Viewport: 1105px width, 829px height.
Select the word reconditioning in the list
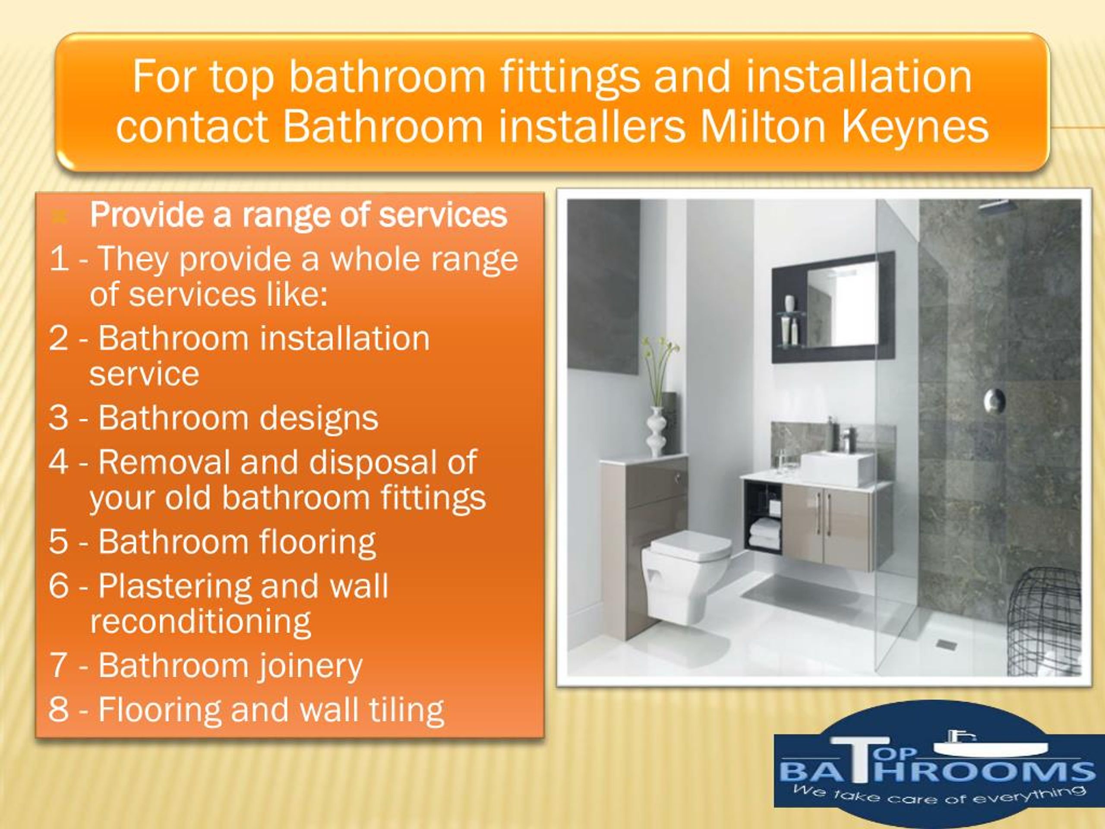coord(200,622)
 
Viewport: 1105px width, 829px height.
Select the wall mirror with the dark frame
coord(833,306)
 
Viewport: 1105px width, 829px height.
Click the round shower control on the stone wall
coord(994,400)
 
